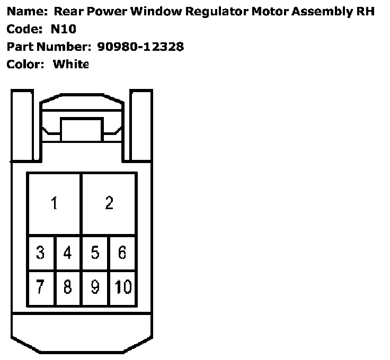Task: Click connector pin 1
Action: click(x=54, y=203)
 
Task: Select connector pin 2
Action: click(x=109, y=203)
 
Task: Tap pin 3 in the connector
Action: click(x=41, y=253)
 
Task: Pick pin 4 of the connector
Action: click(x=68, y=253)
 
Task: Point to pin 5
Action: click(x=95, y=253)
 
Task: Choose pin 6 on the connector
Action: click(x=122, y=253)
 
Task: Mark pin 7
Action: click(x=41, y=287)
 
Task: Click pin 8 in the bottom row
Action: click(x=68, y=287)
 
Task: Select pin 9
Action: click(x=95, y=287)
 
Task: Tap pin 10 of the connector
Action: click(x=123, y=287)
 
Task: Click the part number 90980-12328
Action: click(x=140, y=47)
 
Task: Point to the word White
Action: click(x=70, y=64)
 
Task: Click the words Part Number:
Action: click(x=49, y=47)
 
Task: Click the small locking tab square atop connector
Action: click(x=81, y=130)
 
